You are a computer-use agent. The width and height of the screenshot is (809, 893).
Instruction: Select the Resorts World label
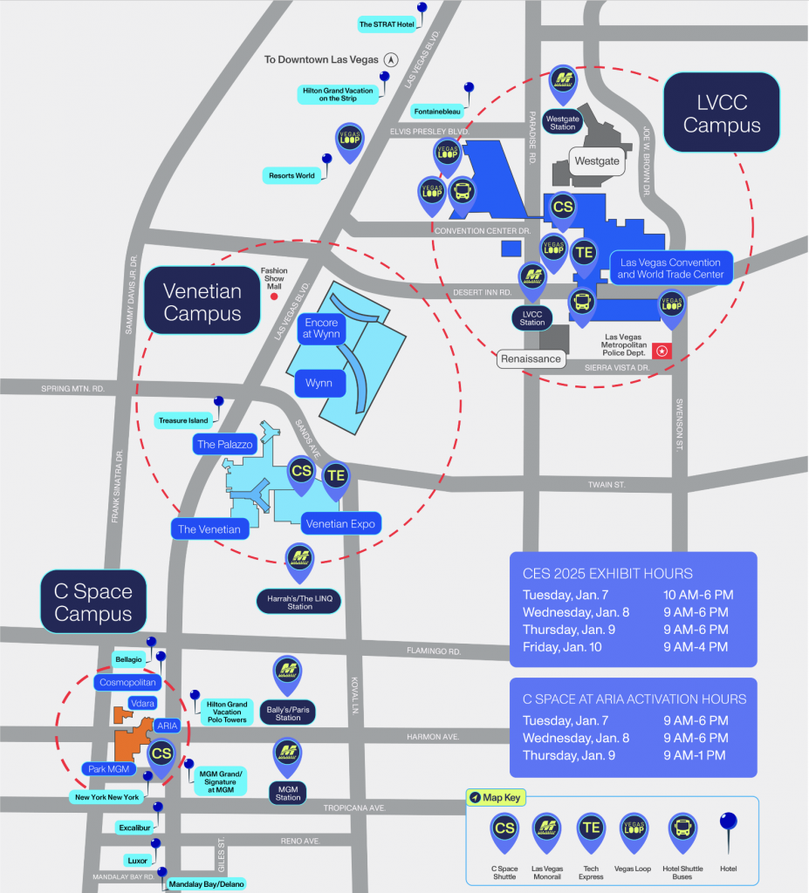coord(291,175)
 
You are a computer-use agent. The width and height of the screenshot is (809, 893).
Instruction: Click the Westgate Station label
coord(563,122)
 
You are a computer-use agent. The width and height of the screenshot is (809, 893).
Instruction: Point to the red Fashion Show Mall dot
coord(274,297)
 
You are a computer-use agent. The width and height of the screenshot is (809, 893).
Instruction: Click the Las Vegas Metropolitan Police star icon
coord(662,351)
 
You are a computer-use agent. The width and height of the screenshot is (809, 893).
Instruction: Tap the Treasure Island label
coord(183,420)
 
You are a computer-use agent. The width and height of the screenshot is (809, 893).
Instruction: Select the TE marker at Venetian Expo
coord(336,476)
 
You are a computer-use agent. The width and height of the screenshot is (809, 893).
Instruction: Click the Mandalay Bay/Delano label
coord(202,883)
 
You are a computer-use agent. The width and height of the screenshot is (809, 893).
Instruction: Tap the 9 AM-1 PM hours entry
coord(695,755)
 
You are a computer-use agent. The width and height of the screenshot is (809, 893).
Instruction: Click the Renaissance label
coord(531,358)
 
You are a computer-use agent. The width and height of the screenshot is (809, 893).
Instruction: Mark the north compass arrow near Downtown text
coord(391,60)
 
